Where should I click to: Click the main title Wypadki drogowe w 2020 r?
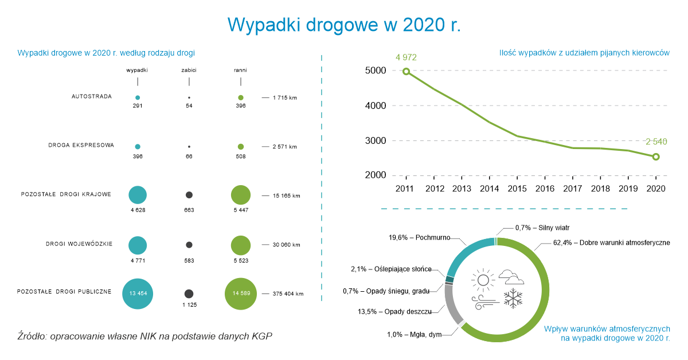click(344, 25)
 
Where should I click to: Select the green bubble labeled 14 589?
click(240, 293)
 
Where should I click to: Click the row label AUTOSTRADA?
click(92, 96)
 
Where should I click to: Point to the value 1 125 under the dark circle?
click(189, 305)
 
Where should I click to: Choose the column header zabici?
click(189, 70)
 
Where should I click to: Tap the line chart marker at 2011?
click(406, 72)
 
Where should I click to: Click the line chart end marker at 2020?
click(656, 156)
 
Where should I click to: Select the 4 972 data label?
click(405, 57)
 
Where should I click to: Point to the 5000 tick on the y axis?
click(375, 71)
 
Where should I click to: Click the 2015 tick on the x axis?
click(517, 189)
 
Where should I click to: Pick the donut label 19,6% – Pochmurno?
click(419, 237)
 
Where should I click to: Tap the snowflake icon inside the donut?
click(513, 298)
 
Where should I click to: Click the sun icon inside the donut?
click(482, 280)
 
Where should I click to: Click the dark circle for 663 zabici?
click(189, 195)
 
